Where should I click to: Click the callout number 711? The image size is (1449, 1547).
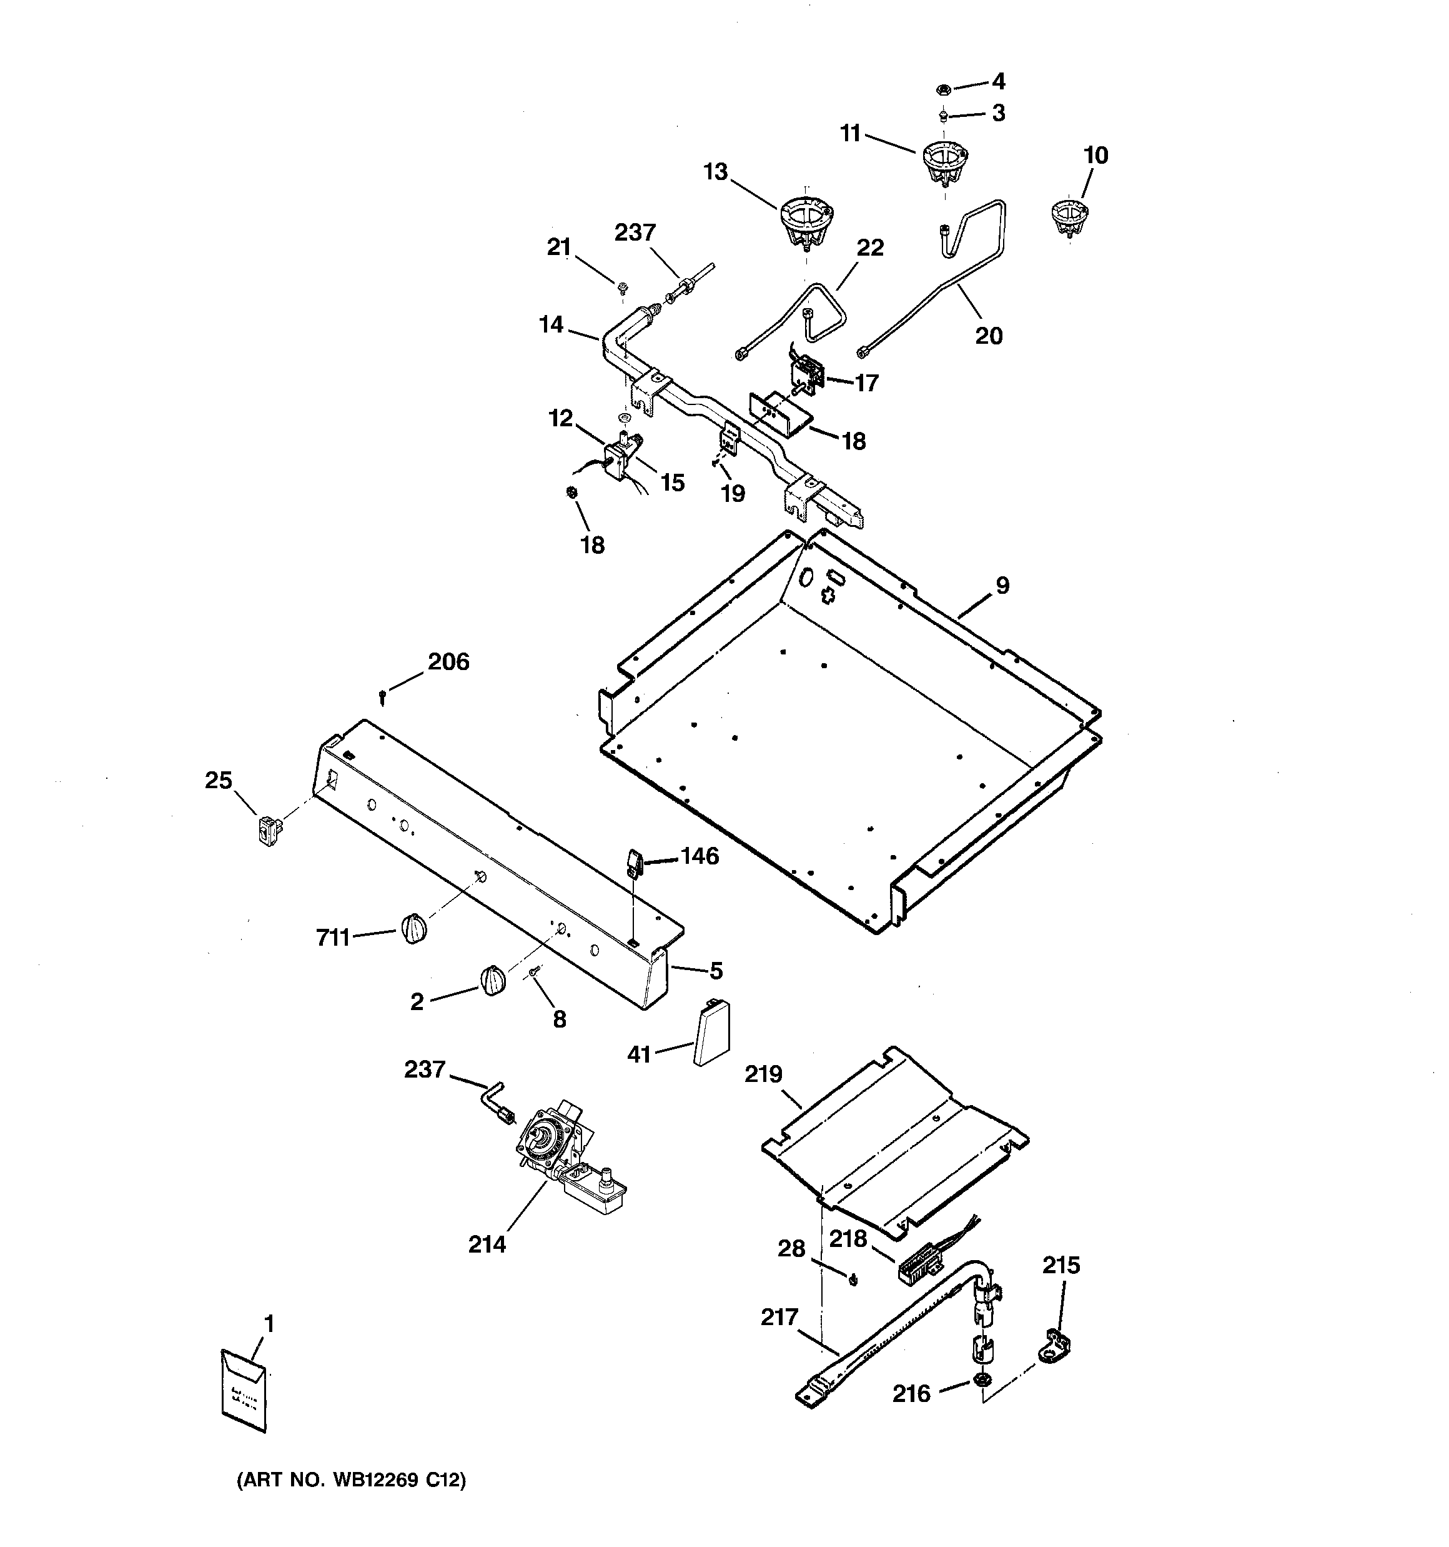click(332, 938)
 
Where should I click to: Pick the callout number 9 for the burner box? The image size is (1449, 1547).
click(1002, 585)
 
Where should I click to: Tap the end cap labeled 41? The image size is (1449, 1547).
click(711, 1033)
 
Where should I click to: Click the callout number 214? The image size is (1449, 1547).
click(487, 1244)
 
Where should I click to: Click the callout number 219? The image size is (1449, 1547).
click(763, 1074)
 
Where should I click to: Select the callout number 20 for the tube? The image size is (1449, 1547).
click(989, 336)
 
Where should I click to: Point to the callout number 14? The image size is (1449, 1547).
click(551, 324)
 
